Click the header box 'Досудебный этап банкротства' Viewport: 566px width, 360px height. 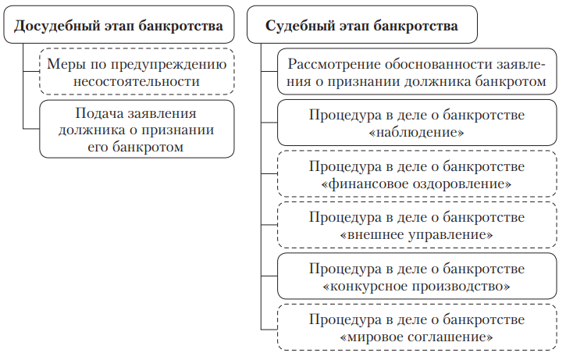coord(119,26)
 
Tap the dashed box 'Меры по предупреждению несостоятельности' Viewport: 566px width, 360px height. coord(135,71)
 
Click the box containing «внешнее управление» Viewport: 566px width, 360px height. coord(416,225)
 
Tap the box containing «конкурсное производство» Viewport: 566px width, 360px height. coord(416,277)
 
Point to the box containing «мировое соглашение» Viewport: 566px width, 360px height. coord(416,328)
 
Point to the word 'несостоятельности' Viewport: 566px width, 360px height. coord(135,80)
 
